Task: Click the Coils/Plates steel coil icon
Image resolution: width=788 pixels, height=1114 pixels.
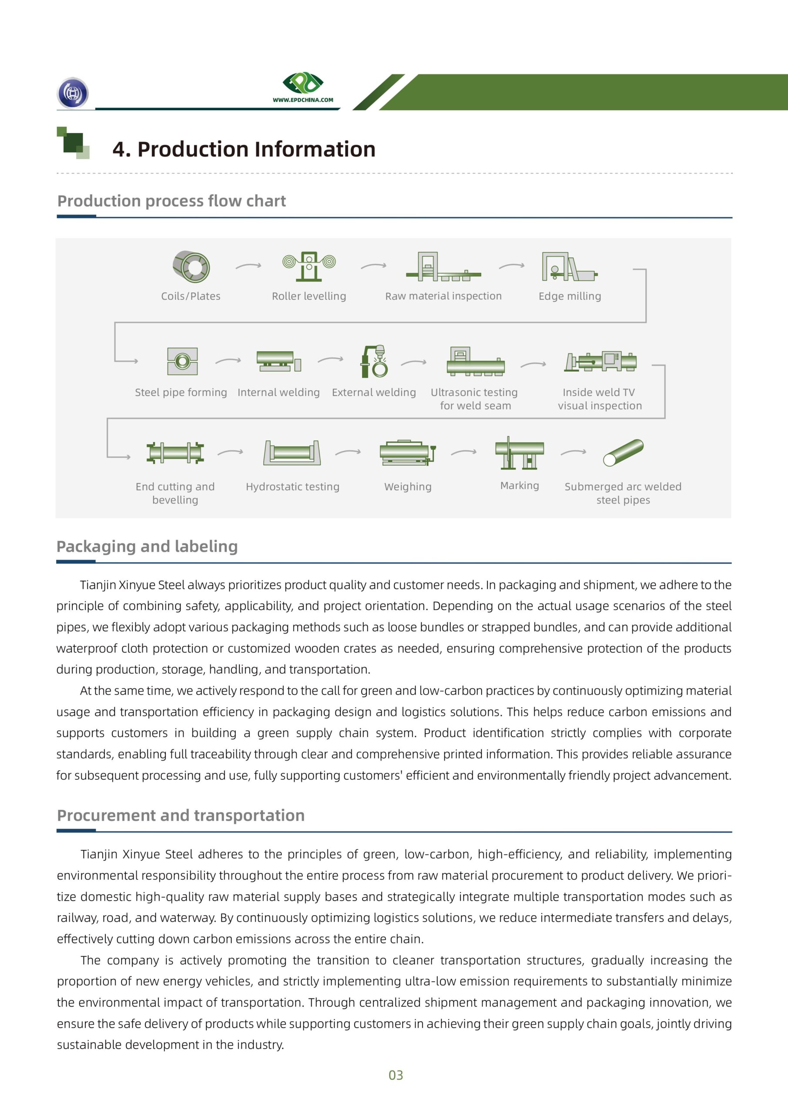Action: pyautogui.click(x=191, y=266)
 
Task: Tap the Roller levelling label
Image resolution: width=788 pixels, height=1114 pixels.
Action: pyautogui.click(x=308, y=296)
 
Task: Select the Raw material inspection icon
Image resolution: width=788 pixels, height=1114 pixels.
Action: pyautogui.click(x=443, y=267)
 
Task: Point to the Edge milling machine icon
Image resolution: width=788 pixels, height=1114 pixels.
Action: pyautogui.click(x=569, y=266)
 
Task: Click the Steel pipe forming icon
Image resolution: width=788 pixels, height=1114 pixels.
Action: pyautogui.click(x=182, y=361)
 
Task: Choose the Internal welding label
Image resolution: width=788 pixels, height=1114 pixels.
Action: pyautogui.click(x=278, y=392)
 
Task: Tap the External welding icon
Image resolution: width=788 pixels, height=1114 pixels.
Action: pyautogui.click(x=375, y=362)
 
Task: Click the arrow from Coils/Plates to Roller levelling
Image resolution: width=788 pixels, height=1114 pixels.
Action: pyautogui.click(x=248, y=266)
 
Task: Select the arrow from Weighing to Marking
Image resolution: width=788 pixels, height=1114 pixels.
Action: pyautogui.click(x=463, y=452)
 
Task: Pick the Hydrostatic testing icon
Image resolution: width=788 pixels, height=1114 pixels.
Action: pyautogui.click(x=292, y=453)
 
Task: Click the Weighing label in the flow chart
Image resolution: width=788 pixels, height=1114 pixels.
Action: pyautogui.click(x=408, y=487)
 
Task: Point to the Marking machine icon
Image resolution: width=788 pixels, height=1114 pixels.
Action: pyautogui.click(x=519, y=452)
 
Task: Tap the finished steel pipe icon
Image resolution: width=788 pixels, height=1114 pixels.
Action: pyautogui.click(x=623, y=452)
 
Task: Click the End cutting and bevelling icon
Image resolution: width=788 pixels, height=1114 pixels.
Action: pyautogui.click(x=175, y=453)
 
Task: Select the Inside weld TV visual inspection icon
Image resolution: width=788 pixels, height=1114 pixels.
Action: pyautogui.click(x=600, y=362)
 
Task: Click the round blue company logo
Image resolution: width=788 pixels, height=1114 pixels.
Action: pyautogui.click(x=73, y=93)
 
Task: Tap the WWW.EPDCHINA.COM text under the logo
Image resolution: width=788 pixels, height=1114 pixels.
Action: pyautogui.click(x=303, y=100)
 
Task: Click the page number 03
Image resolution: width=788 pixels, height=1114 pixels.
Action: pyautogui.click(x=396, y=1075)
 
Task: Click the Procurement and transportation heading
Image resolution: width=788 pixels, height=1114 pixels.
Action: pyautogui.click(x=181, y=815)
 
